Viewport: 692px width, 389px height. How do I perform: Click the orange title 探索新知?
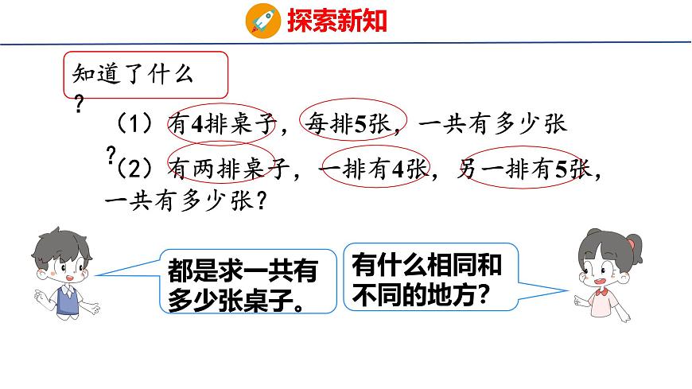click(x=336, y=20)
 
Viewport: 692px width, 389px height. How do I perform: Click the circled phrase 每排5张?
click(x=352, y=125)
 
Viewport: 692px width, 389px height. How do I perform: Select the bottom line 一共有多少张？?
click(x=185, y=202)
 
